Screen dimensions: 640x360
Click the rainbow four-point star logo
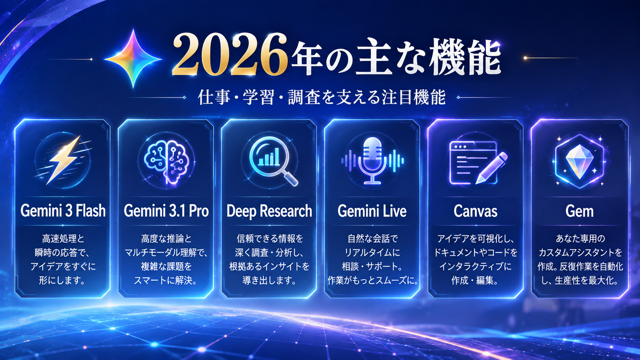coord(133,59)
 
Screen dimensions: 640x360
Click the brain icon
coord(166,160)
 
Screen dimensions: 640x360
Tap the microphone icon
coord(372,160)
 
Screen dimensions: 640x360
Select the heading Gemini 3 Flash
coord(63,211)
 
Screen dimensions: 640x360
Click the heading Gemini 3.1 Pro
coord(166,211)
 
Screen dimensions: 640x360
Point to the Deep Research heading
coord(269,211)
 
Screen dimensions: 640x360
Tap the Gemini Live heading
coord(372,211)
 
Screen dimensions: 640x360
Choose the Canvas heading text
coord(475,211)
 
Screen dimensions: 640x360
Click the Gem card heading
coord(580,211)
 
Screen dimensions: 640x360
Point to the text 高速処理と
coord(63,238)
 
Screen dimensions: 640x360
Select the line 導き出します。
coord(269,281)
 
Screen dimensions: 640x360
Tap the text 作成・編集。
coord(475,281)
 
